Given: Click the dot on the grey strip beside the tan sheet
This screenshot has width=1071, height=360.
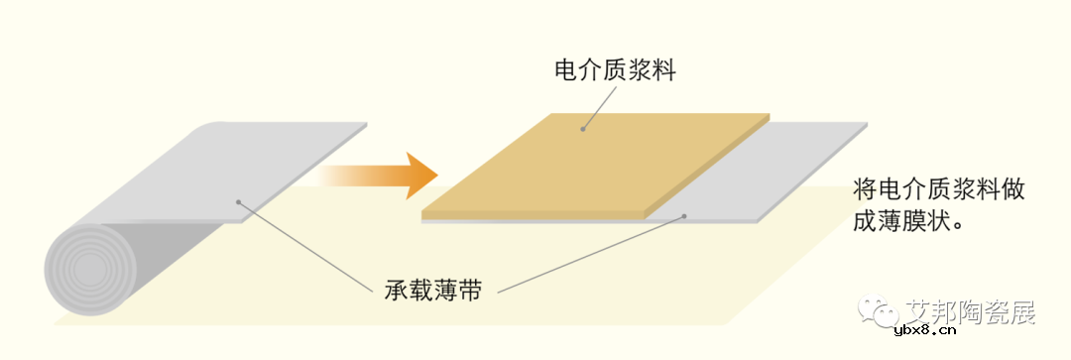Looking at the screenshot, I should point(683,216).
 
